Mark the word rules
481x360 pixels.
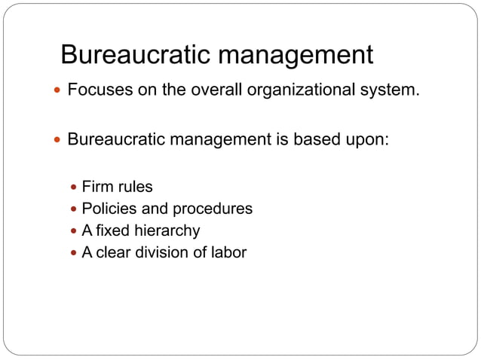135,187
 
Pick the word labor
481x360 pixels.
227,252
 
